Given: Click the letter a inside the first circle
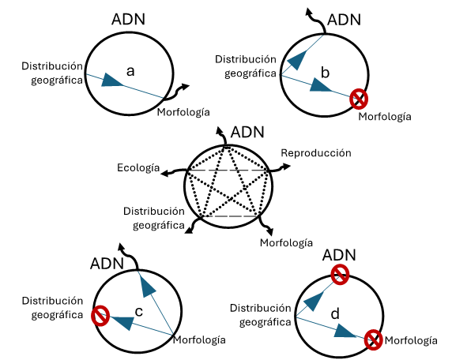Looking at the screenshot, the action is coord(130,72).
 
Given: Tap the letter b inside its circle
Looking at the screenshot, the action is coord(325,73).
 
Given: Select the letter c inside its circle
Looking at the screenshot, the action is coord(139,312).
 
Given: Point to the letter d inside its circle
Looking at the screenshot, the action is coord(335,313).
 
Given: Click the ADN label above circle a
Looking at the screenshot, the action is coord(128,19).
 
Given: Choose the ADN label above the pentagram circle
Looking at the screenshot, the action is coord(247,132).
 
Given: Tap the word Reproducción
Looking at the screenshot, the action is coord(316,153).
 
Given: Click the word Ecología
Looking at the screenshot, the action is coord(138,168).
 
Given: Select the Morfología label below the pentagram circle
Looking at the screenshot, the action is coord(286,243).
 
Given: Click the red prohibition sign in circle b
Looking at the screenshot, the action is coord(359,99).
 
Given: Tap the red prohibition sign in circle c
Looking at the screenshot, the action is coord(100,316).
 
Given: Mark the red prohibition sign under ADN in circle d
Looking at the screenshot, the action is coord(340,275).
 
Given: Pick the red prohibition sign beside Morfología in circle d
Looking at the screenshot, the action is coord(373,339).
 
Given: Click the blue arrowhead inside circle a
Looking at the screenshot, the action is coord(111,80).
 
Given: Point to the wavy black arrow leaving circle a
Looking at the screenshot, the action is coord(177,92).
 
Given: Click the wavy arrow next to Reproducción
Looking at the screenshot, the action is coord(280,168).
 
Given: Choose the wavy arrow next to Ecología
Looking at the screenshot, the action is coord(174,172).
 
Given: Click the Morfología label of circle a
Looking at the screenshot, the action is coord(183,112).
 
